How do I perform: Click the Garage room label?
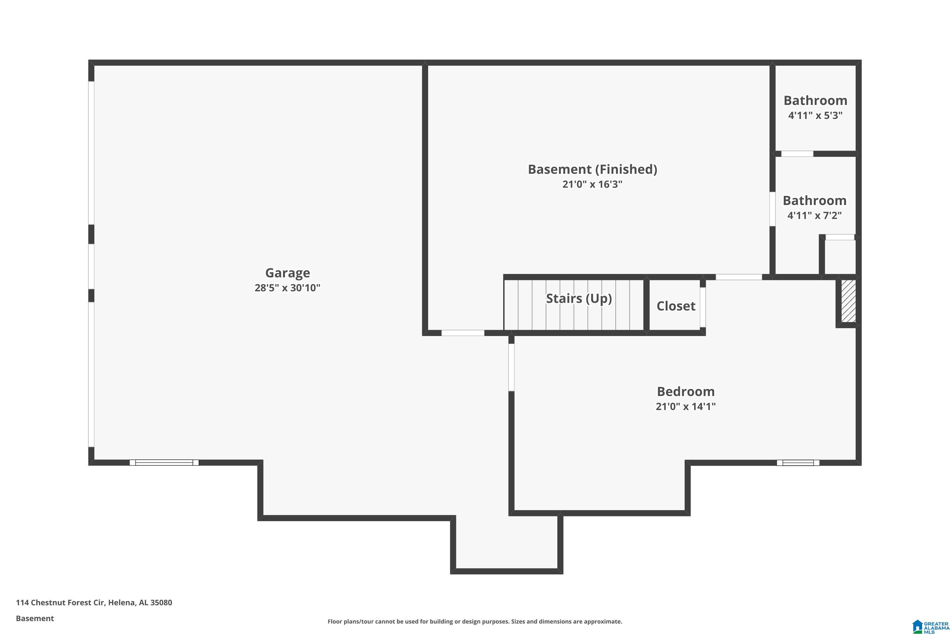pyautogui.click(x=287, y=273)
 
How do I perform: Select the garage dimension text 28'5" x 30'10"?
pyautogui.click(x=287, y=288)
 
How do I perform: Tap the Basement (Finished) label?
pyautogui.click(x=592, y=169)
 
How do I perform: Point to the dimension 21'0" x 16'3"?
pyautogui.click(x=592, y=184)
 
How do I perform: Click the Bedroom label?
pyautogui.click(x=686, y=391)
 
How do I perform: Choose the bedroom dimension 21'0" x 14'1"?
pyautogui.click(x=686, y=406)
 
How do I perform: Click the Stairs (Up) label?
pyautogui.click(x=579, y=298)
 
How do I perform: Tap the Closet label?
pyautogui.click(x=676, y=306)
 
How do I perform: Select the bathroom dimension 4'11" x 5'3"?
pyautogui.click(x=815, y=116)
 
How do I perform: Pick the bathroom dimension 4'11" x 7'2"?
pyautogui.click(x=814, y=216)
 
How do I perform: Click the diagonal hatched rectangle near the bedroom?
pyautogui.click(x=848, y=301)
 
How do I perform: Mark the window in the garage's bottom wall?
pyautogui.click(x=164, y=463)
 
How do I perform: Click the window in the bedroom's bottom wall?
pyautogui.click(x=798, y=463)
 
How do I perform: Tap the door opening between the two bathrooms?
pyautogui.click(x=797, y=154)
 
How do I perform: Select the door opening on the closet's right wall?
pyautogui.click(x=702, y=307)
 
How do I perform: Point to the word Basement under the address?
pyautogui.click(x=35, y=618)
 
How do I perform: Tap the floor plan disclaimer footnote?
pyautogui.click(x=475, y=621)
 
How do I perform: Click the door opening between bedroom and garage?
pyautogui.click(x=511, y=367)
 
